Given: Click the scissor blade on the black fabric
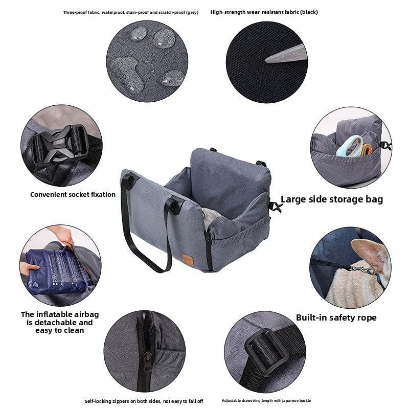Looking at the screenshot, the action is click(286, 55).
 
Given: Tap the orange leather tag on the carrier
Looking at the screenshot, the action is click(188, 260).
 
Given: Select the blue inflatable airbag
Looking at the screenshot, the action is click(58, 271).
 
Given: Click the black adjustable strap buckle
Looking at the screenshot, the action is click(266, 352).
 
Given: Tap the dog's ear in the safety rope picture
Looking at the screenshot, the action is click(370, 254).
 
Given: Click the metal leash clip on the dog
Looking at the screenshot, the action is click(362, 270).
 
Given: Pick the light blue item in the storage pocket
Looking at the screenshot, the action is click(350, 146).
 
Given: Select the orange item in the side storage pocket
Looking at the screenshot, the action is click(367, 149).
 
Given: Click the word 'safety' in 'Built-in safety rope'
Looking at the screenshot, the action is click(340, 317).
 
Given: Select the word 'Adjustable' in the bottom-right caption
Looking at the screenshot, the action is click(231, 400).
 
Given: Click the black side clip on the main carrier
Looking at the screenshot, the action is click(275, 207).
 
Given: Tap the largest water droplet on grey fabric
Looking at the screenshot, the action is click(127, 74).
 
